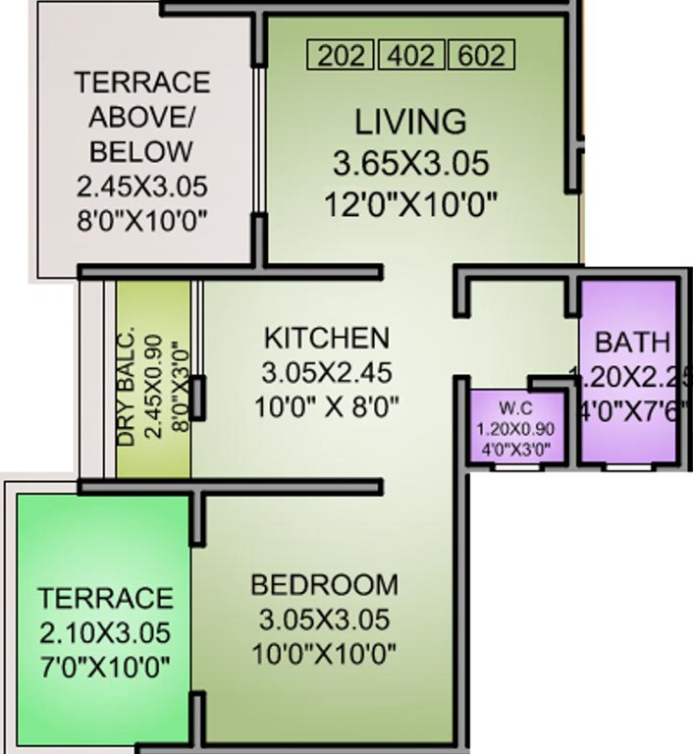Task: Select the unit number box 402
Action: coord(411,55)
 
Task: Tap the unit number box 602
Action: coord(480,55)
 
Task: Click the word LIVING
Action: coord(410,123)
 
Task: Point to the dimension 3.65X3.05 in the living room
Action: coord(410,163)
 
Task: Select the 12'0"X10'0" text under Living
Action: coord(410,204)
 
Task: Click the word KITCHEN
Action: coord(327,338)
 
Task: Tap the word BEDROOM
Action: coord(325,585)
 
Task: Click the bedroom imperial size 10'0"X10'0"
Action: coord(325,652)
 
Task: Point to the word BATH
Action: coord(633,343)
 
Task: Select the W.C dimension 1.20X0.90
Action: coord(513,429)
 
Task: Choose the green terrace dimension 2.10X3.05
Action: coord(105,631)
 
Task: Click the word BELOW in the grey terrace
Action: coord(141,152)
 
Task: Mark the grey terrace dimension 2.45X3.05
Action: coord(141,187)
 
